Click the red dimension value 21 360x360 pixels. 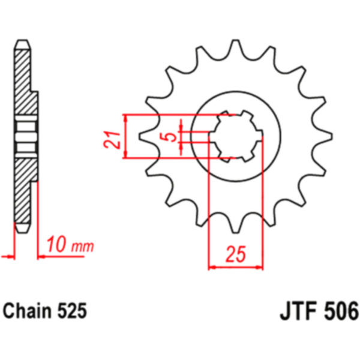tap(112, 140)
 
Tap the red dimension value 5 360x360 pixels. tap(171, 137)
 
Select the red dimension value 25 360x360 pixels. tap(236, 254)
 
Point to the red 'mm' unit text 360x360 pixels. tap(83, 247)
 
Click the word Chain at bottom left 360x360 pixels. tap(28, 311)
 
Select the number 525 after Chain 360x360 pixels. tap(72, 311)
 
